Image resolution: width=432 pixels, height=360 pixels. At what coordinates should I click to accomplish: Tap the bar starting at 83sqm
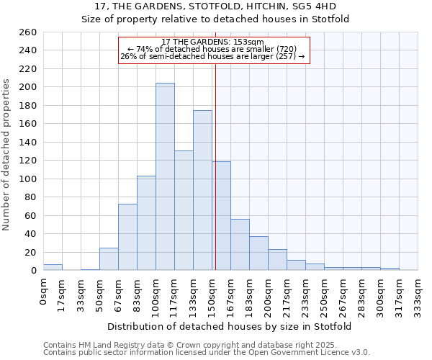(x=146, y=223)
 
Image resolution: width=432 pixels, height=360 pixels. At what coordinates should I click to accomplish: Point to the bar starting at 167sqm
(x=240, y=245)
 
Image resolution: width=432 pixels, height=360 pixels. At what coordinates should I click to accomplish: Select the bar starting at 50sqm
(x=109, y=259)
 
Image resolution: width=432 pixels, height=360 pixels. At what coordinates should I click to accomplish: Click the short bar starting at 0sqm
(x=53, y=267)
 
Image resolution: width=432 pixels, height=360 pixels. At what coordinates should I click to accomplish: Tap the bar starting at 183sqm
(x=258, y=253)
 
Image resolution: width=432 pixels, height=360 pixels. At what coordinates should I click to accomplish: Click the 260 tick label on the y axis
(x=28, y=32)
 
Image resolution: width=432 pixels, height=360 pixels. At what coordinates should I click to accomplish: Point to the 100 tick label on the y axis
(x=28, y=179)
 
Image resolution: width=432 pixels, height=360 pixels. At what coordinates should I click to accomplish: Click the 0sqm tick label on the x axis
(x=44, y=291)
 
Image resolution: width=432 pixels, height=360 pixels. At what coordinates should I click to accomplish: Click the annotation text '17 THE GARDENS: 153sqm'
(x=212, y=42)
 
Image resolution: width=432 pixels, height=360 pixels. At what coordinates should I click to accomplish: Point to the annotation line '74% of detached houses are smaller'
(x=212, y=49)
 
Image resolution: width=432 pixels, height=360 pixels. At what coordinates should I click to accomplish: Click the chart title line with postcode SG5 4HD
(x=215, y=6)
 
